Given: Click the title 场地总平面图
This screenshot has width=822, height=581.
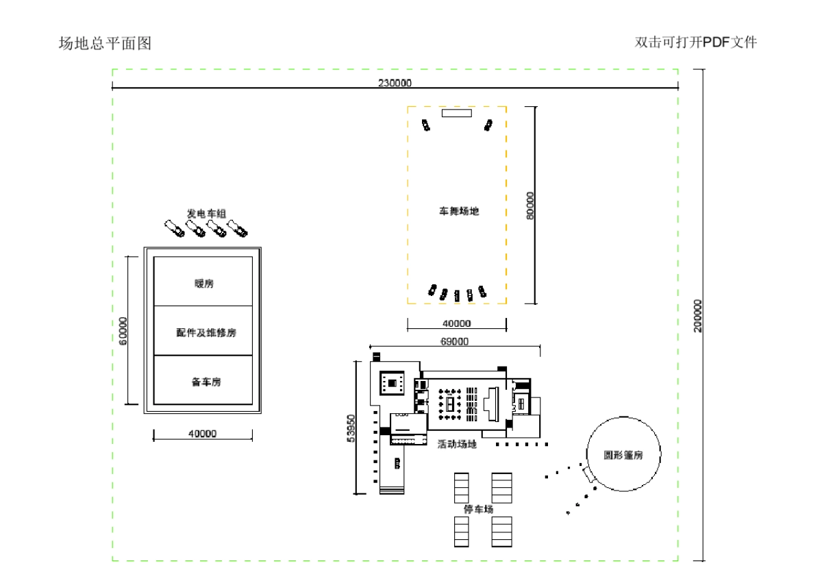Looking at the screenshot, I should click(x=105, y=44).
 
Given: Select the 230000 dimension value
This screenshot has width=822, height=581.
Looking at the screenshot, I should click(x=395, y=83).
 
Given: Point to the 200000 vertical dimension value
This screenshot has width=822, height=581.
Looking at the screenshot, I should click(x=698, y=315).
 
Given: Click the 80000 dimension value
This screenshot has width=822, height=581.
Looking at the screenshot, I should click(x=529, y=205).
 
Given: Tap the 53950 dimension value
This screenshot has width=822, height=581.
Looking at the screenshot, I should click(x=351, y=428).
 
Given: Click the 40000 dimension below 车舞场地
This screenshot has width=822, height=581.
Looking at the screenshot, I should click(x=456, y=323).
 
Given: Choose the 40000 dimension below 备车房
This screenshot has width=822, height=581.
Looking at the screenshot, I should click(x=202, y=434).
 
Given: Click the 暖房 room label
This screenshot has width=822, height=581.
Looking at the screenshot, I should click(x=203, y=284).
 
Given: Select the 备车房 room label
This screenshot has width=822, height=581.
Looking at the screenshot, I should click(x=203, y=382).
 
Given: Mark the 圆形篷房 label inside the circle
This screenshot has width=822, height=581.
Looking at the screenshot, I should click(x=623, y=455).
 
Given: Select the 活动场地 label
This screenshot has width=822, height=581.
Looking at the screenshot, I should click(x=457, y=444).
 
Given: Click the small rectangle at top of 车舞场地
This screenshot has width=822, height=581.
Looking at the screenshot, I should click(x=456, y=114).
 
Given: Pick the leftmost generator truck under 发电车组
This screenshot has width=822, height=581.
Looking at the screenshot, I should click(x=174, y=230).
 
